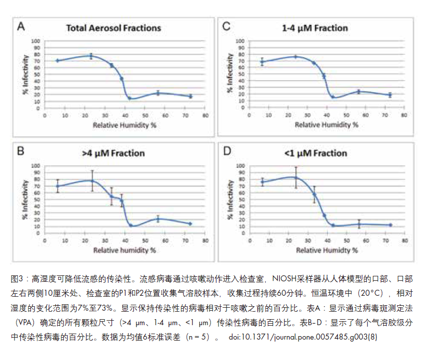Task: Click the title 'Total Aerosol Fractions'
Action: coord(113,28)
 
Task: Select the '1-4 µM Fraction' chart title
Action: coord(315,28)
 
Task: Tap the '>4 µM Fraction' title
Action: coord(113,153)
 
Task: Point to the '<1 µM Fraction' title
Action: coord(315,153)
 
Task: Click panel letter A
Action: coord(21,26)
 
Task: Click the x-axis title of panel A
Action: coord(124,124)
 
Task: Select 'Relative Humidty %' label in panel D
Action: coord(326,250)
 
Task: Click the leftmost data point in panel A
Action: coord(58,61)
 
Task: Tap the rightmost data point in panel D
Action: coord(390,225)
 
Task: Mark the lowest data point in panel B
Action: coord(131,226)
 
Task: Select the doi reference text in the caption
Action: coord(303,337)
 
